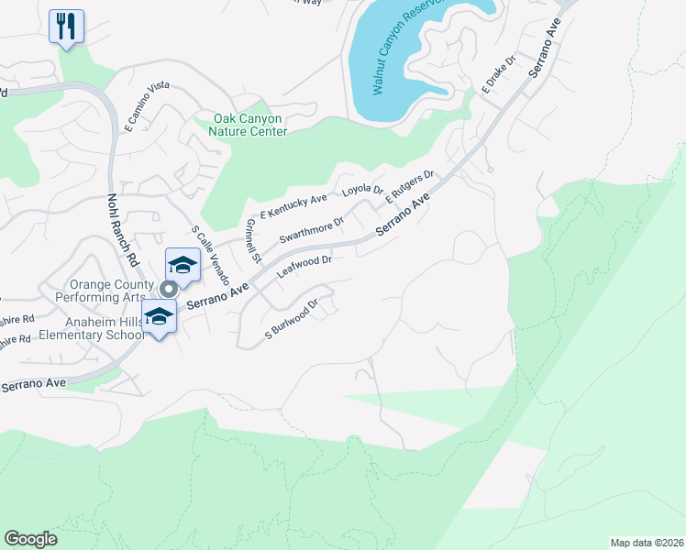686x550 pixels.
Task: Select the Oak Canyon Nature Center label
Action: pyautogui.click(x=250, y=125)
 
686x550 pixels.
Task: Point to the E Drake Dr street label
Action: pyautogui.click(x=500, y=75)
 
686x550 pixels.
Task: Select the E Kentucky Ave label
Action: pyautogui.click(x=293, y=205)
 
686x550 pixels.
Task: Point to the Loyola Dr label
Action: pyautogui.click(x=362, y=190)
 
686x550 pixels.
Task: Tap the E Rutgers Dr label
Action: pyautogui.click(x=408, y=186)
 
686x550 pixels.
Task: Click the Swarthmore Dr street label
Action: pyautogui.click(x=311, y=227)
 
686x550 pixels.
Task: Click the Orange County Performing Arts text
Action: pyautogui.click(x=100, y=291)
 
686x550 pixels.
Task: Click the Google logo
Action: pyautogui.click(x=31, y=538)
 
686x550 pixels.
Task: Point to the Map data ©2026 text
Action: pyautogui.click(x=647, y=543)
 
